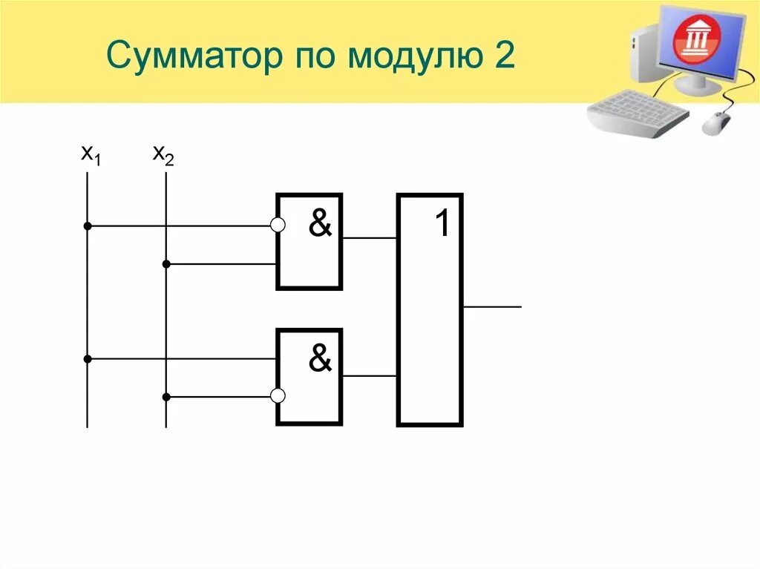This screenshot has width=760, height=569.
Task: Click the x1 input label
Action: click(x=90, y=155)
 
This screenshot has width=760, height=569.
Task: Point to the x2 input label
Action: click(x=163, y=155)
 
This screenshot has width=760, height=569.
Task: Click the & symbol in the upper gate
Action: click(x=320, y=223)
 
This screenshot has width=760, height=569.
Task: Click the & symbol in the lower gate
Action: click(x=320, y=359)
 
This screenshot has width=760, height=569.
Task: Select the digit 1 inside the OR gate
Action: click(x=442, y=223)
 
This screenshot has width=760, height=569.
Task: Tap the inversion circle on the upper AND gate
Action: click(x=278, y=226)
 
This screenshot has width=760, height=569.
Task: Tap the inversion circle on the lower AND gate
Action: click(x=278, y=396)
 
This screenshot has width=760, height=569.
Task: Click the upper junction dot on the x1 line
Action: click(x=88, y=226)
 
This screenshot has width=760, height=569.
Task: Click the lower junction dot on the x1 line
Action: click(x=88, y=359)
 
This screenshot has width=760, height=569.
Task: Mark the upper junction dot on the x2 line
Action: click(x=166, y=263)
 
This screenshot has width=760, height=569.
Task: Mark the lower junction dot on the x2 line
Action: click(x=166, y=397)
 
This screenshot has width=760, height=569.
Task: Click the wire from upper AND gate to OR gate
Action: click(x=370, y=238)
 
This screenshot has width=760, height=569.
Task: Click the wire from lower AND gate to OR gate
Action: click(x=370, y=376)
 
